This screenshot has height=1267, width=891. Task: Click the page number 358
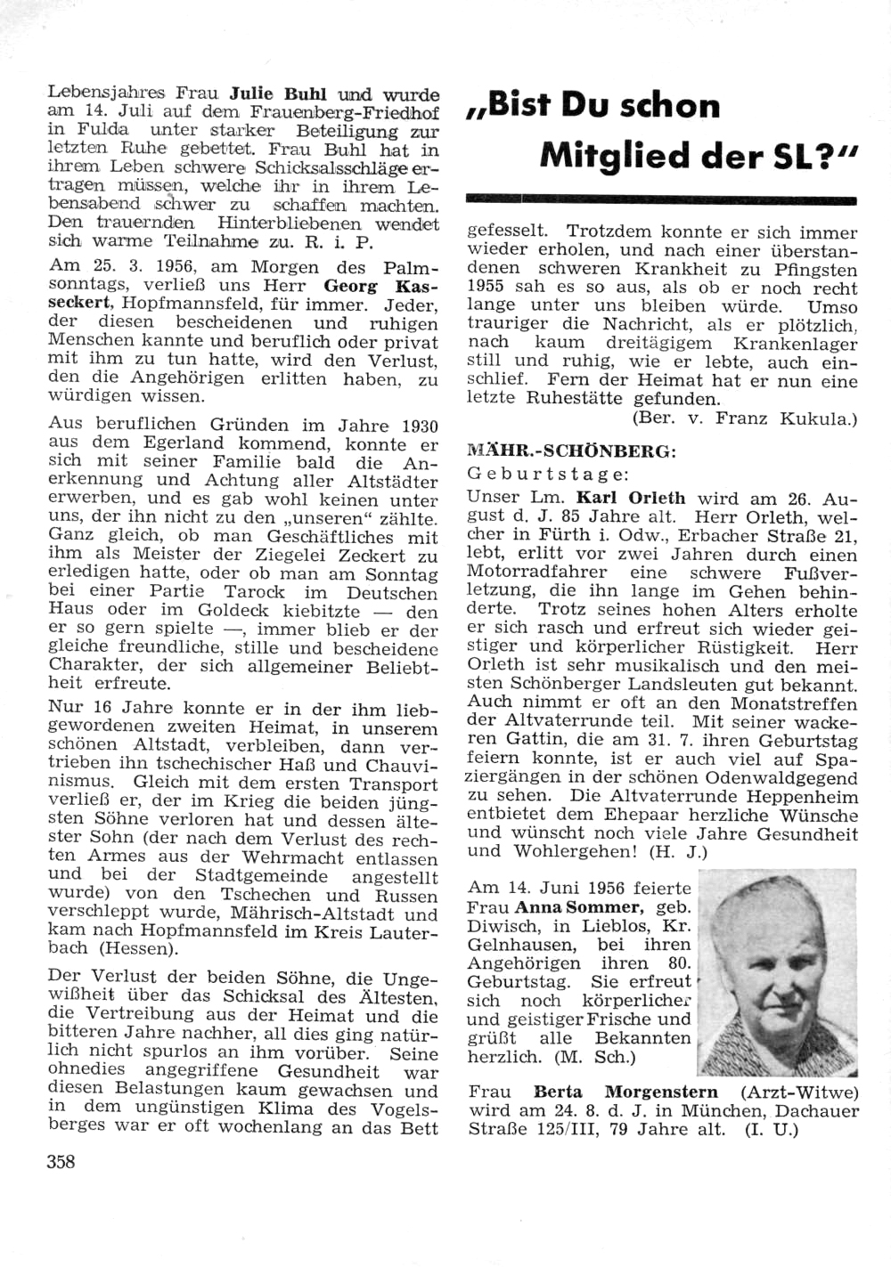[61, 1161]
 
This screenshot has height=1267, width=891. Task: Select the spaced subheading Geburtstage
[548, 475]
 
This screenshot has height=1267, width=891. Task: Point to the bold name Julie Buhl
[278, 93]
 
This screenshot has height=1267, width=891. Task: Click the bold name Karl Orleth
[631, 498]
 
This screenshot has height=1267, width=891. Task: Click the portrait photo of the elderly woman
[777, 975]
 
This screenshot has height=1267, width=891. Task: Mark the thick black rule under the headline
[661, 200]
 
